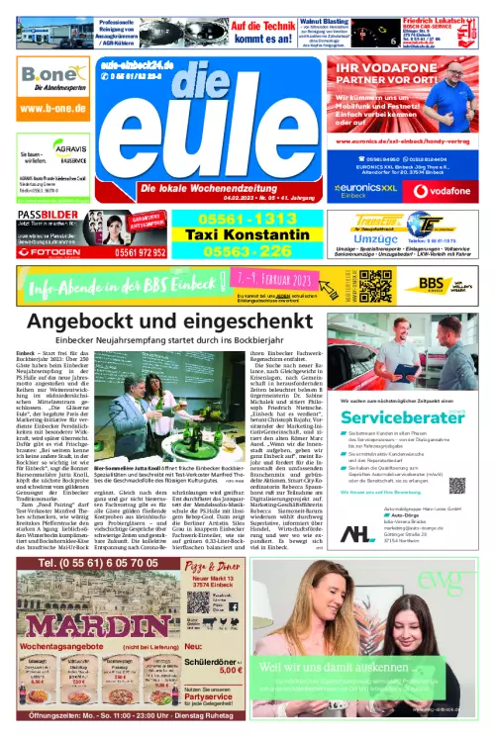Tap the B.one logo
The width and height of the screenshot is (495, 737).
(x=48, y=75)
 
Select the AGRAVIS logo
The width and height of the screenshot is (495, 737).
(x=71, y=156)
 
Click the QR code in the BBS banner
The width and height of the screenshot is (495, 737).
(x=375, y=286)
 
